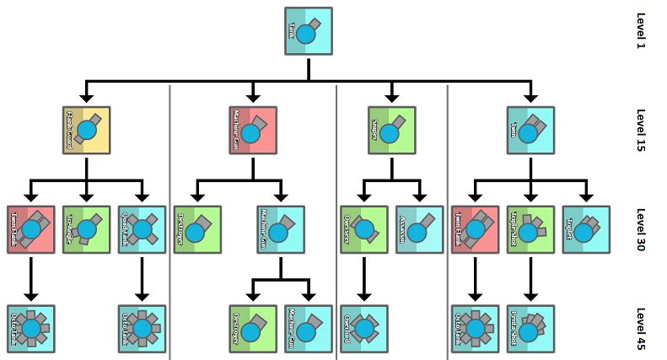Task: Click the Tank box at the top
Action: coord(308,31)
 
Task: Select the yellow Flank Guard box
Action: coord(86,130)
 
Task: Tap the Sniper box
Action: coord(391,130)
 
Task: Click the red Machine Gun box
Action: coord(253,130)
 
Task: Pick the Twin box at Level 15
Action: coord(530,130)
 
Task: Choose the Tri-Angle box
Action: coord(86,229)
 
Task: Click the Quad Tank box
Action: coord(142,229)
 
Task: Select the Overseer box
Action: coord(363,229)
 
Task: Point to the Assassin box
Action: coord(419,229)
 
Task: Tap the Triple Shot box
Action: coord(530,229)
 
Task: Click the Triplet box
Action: coord(586,229)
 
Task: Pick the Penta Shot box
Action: coord(530,329)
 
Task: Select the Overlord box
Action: coord(363,329)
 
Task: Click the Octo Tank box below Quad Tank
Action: coord(142,329)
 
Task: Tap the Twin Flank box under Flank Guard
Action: coord(30,229)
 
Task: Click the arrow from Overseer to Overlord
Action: coord(363,278)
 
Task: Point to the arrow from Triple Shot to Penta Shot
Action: coord(530,278)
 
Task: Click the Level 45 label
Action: coord(640,329)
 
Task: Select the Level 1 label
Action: coord(640,31)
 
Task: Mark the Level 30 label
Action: coord(640,229)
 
